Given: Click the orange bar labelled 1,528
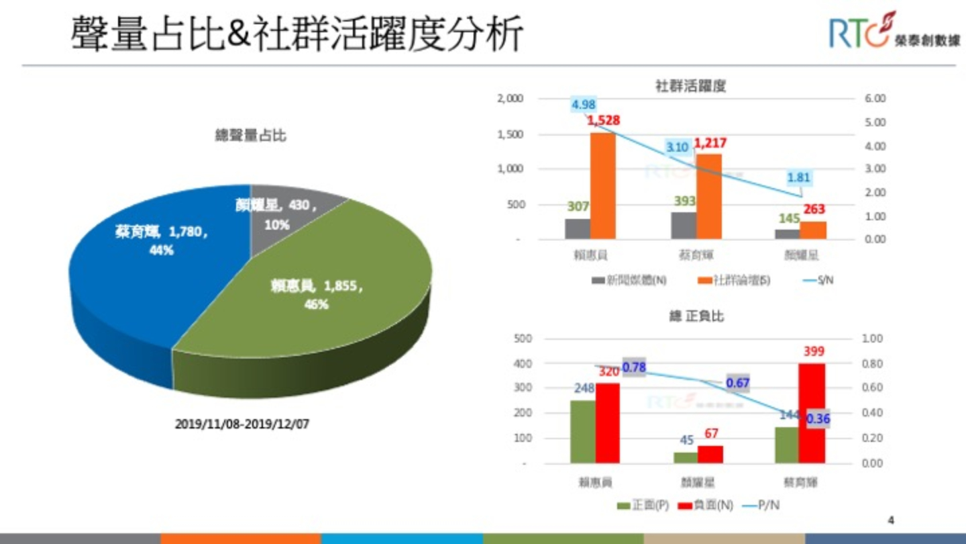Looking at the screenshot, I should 603,185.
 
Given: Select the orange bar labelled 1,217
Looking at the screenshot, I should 709,196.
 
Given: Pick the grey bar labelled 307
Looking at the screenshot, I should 578,228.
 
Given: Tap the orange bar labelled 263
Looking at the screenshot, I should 813,230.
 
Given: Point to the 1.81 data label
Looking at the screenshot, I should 799,178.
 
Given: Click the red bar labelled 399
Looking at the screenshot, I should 812,413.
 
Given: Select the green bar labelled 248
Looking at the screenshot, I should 582,431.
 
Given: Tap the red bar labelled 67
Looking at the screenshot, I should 710,455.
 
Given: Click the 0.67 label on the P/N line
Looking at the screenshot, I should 737,383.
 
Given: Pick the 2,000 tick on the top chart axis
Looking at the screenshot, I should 511,99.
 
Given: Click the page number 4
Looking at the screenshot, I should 891,520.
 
